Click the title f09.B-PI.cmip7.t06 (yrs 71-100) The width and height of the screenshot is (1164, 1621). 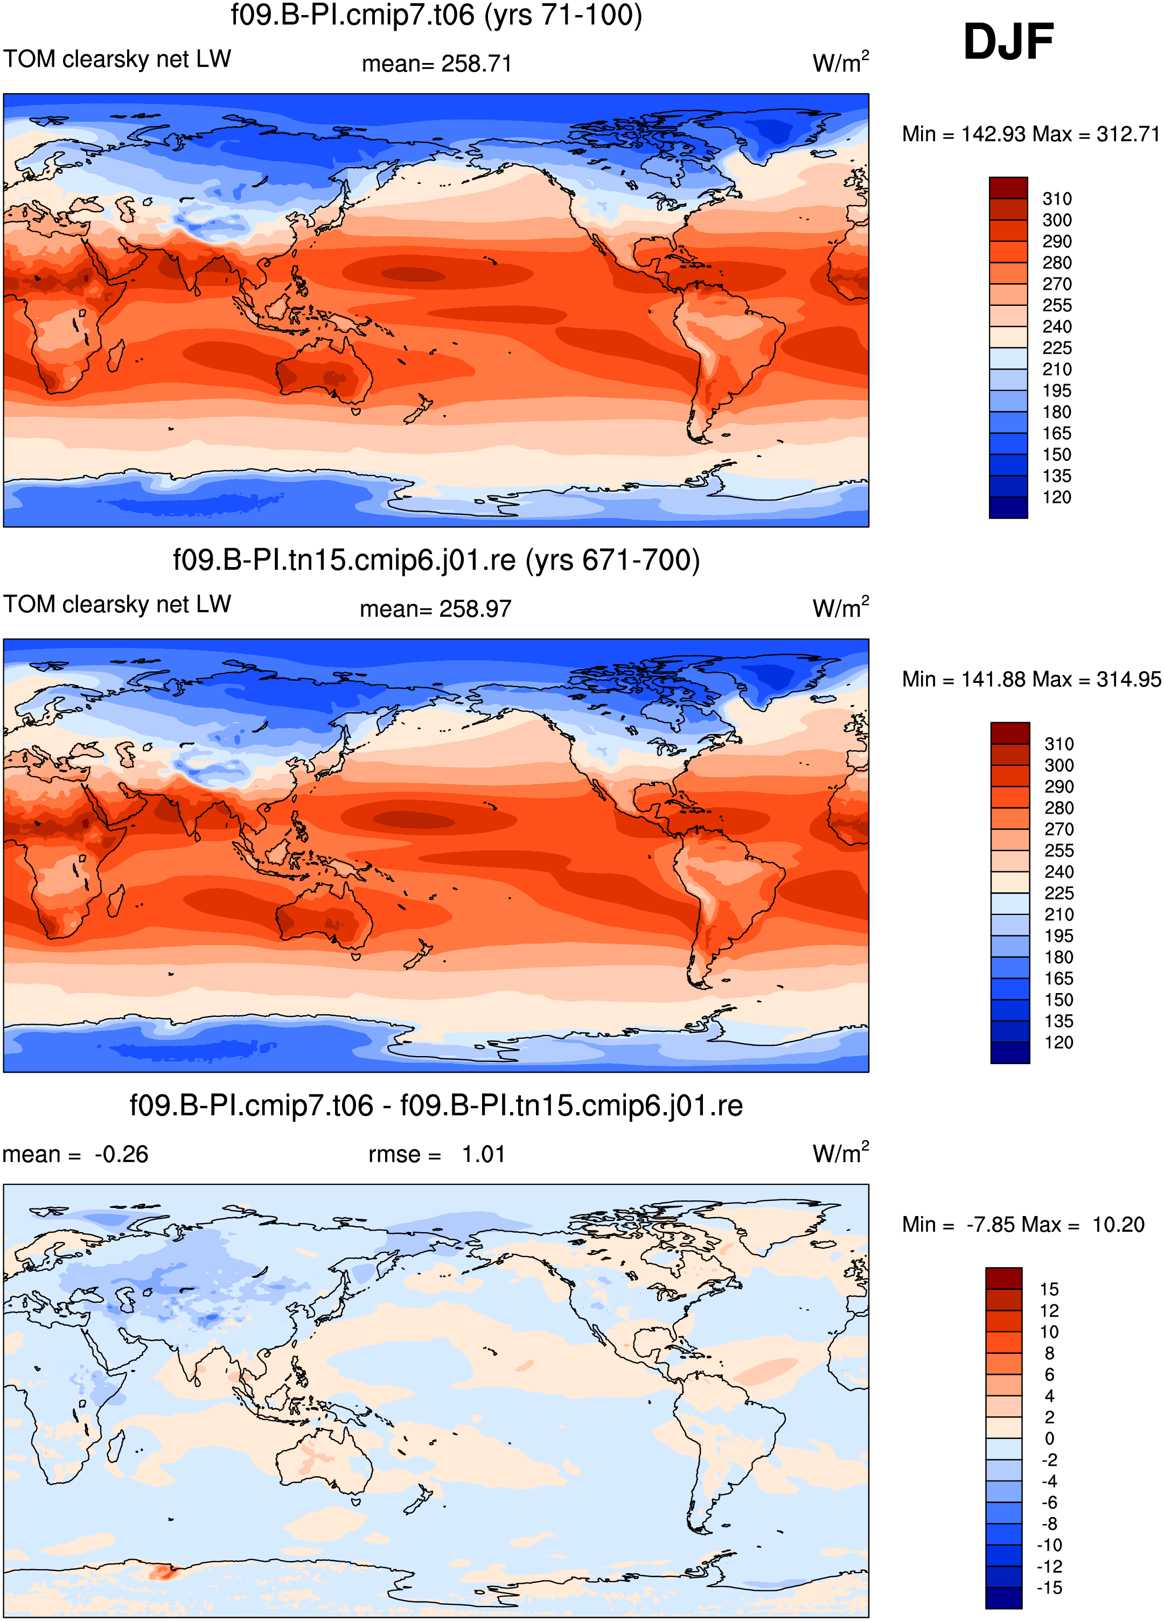click(436, 15)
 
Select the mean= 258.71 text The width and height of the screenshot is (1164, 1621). click(437, 64)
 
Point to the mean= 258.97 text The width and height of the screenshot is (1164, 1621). click(435, 609)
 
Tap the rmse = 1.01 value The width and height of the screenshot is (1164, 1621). click(437, 1154)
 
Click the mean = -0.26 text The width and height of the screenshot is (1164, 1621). click(76, 1154)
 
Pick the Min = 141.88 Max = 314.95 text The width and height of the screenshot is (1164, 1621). click(1031, 679)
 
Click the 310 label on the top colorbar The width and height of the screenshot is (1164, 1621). click(1057, 199)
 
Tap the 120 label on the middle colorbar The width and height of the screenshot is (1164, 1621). click(1059, 1042)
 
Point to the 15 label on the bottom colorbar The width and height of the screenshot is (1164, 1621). click(1049, 1289)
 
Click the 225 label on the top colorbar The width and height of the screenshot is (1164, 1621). click(1057, 348)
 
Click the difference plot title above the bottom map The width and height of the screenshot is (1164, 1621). click(436, 1106)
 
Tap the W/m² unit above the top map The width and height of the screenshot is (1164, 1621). click(841, 62)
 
